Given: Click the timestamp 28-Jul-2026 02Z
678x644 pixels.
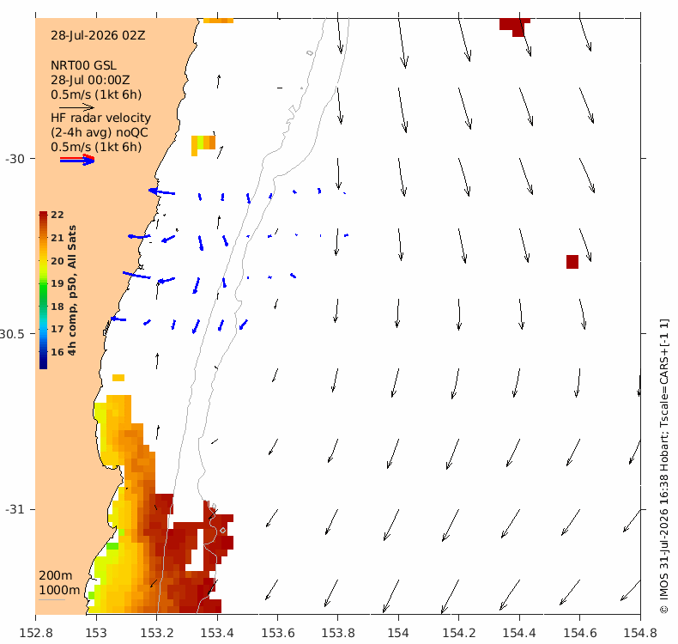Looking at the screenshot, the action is (x=98, y=35).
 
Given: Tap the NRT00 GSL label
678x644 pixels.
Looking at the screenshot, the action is (x=83, y=66).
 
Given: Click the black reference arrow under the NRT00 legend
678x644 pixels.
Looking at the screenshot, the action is (x=76, y=106).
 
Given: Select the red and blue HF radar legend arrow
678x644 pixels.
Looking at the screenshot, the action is (x=77, y=160).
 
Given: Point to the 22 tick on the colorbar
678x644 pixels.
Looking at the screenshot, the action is (x=58, y=215).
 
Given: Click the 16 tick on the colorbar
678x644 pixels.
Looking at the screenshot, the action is (x=58, y=352).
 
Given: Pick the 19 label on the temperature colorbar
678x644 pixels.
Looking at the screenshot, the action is (x=58, y=283).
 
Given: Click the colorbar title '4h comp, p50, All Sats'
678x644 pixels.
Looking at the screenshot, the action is (x=72, y=290).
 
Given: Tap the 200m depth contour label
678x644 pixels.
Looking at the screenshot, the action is (x=55, y=575).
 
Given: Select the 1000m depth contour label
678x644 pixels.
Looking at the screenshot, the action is (x=59, y=591).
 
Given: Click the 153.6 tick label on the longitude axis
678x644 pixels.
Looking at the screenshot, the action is (x=278, y=633).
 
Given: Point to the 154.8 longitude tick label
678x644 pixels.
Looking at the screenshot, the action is (x=640, y=633).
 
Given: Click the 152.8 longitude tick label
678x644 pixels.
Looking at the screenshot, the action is (x=36, y=633).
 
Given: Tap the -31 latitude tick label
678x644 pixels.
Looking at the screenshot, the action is (x=15, y=509).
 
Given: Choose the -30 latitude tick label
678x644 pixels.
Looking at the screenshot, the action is (x=15, y=159).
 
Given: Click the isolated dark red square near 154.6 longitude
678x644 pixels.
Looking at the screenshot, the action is (x=572, y=262).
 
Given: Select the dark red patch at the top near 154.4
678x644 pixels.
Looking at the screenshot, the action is (x=515, y=25).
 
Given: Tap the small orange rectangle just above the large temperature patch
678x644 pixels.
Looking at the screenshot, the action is (x=118, y=378).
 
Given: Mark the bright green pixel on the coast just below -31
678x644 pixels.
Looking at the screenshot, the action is (x=112, y=546).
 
